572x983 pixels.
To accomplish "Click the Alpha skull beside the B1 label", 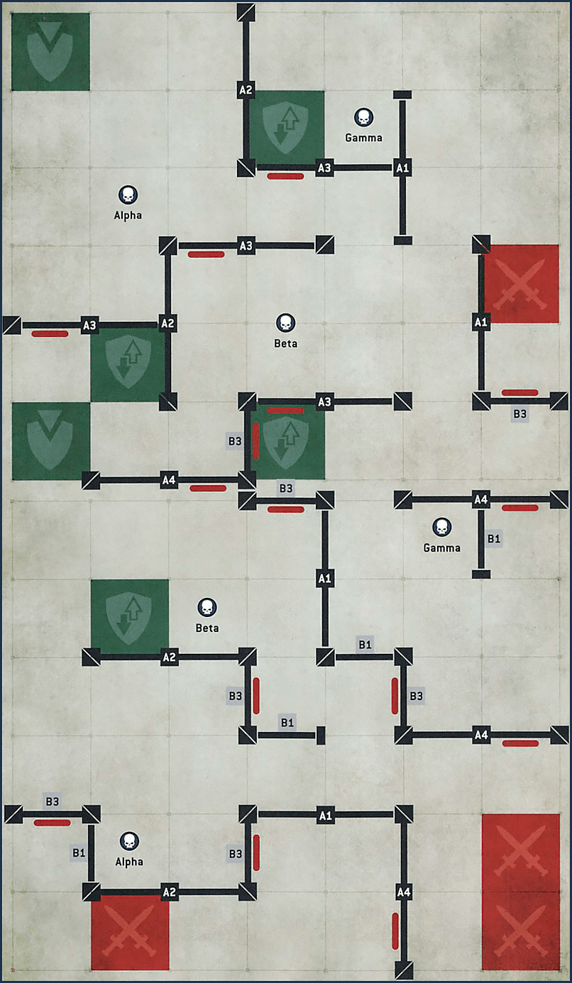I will pos(129,842).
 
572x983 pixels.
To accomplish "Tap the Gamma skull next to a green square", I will pos(363,117).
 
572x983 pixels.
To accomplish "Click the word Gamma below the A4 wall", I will pos(441,548).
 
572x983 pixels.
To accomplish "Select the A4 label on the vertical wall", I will pos(403,892).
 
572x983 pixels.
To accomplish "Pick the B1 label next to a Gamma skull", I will pos(494,539).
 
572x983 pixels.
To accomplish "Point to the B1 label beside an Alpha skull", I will pos(78,853).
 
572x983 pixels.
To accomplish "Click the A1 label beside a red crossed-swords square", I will pos(481,323).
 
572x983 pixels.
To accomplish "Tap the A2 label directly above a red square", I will pos(168,892).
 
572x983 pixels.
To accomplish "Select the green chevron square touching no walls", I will pos(50,52).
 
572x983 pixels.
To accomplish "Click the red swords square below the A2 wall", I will pos(130,931).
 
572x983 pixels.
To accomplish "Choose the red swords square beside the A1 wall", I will pos(521,284).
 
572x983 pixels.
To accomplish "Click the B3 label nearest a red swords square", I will pos(520,414).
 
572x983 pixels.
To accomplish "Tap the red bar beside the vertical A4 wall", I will pos(395,930).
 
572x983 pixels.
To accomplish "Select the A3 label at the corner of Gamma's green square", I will pos(324,168).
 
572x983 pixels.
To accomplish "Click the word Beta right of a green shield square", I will pos(207,628).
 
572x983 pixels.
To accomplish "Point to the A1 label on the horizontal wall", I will pos(325,815).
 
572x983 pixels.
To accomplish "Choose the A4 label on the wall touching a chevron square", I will pos(168,480).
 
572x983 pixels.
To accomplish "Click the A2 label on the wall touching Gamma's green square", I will pos(246,90).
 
